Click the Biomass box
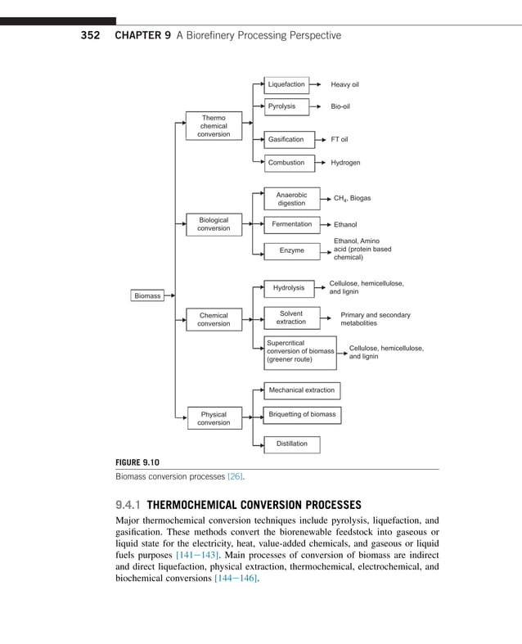click(x=147, y=295)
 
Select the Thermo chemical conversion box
click(x=214, y=126)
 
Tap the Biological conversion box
click(x=214, y=224)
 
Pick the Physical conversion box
click(x=214, y=418)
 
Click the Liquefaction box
click(x=286, y=84)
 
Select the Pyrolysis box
click(x=286, y=106)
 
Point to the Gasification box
click(x=286, y=139)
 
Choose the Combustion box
click(x=286, y=162)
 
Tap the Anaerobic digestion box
click(x=291, y=199)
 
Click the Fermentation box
click(x=291, y=224)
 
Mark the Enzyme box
click(x=291, y=250)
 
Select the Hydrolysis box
click(x=288, y=287)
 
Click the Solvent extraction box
click(x=290, y=317)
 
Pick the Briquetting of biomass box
click(x=302, y=415)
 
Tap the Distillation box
click(x=291, y=444)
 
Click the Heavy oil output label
click(x=344, y=84)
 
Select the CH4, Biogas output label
click(x=352, y=198)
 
